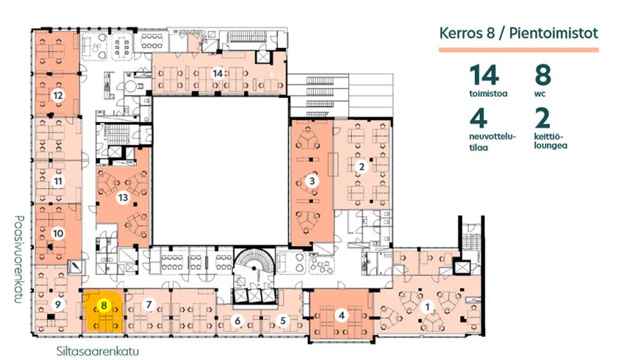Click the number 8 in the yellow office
click(104, 305)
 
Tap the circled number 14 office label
click(217, 73)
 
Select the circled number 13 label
click(123, 198)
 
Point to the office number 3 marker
click(312, 181)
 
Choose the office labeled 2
click(361, 166)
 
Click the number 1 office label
click(427, 306)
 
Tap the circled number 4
click(342, 315)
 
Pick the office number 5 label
click(283, 321)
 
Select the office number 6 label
click(237, 321)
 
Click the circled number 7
click(149, 304)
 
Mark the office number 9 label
click(58, 304)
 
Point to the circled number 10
click(58, 234)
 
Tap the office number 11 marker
click(58, 181)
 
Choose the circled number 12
click(58, 96)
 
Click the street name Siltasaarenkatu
click(97, 351)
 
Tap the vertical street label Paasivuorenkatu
click(18, 259)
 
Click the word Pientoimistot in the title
click(554, 33)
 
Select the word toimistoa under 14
click(488, 94)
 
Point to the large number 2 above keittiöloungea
click(542, 118)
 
